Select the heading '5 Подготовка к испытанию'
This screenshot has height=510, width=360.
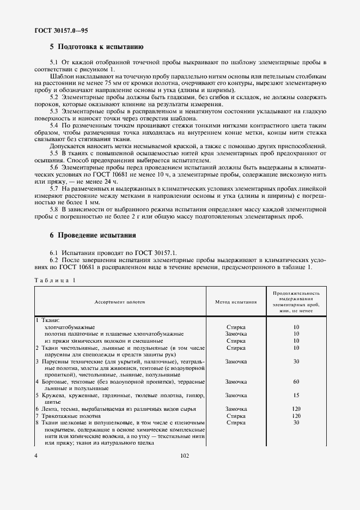pos(96,47)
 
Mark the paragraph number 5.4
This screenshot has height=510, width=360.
pos(54,125)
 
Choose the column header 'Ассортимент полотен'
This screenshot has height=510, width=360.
pos(120,300)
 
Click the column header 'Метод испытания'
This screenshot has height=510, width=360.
pos(236,300)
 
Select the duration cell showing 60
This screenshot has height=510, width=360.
pos(296,381)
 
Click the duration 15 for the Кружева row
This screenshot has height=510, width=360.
pos(296,395)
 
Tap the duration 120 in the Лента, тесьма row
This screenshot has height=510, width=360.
pos(296,409)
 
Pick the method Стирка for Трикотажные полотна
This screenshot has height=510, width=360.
pos(236,415)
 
